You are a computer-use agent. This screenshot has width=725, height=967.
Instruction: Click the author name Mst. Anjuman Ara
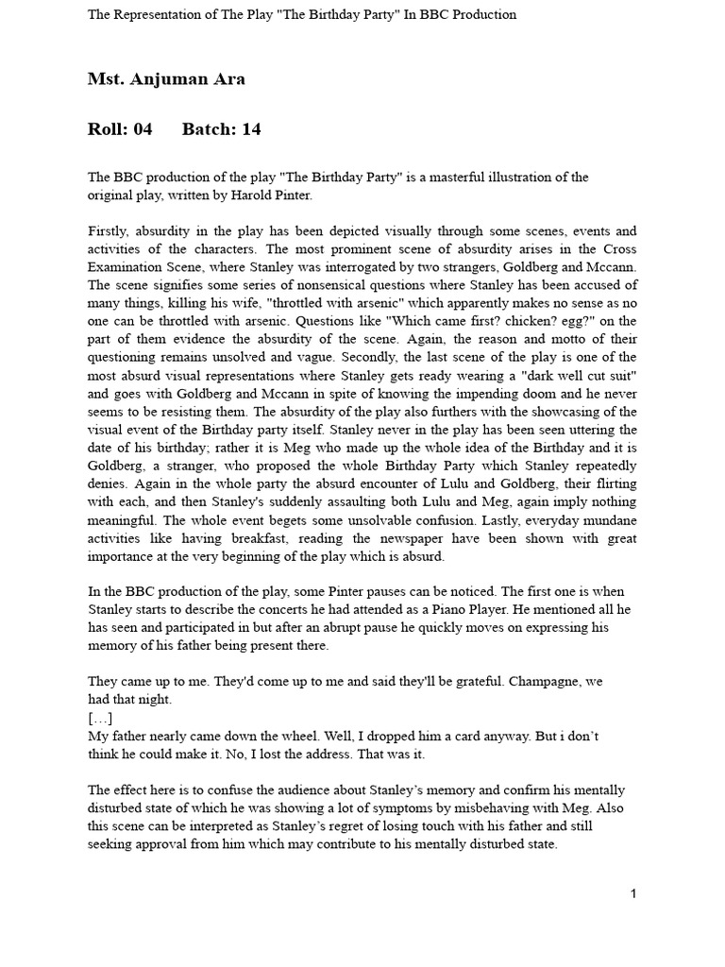click(166, 79)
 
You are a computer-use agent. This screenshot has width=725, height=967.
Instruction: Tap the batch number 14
click(251, 129)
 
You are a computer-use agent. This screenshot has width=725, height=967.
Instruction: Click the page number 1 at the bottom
click(633, 893)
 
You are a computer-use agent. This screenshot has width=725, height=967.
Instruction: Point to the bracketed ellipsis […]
click(100, 718)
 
